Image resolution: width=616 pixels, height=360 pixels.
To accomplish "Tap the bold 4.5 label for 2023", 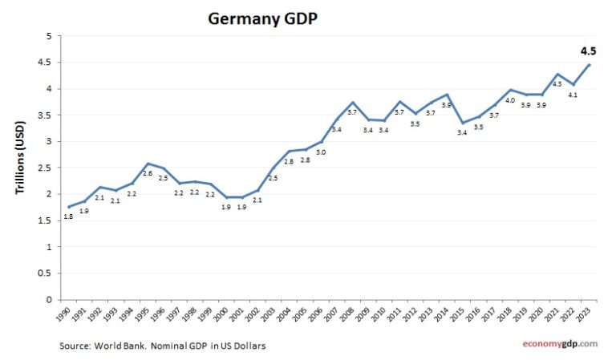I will (589, 51).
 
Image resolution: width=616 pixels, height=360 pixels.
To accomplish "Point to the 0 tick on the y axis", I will (48, 300).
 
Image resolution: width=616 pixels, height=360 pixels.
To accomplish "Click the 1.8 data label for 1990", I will (68, 216).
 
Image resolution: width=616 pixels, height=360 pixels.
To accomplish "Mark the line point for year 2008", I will (351, 103).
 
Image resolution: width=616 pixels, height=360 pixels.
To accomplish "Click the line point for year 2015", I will (462, 123).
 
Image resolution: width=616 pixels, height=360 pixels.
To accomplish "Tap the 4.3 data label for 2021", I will (557, 84).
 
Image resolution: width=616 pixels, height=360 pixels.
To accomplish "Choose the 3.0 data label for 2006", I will (320, 152).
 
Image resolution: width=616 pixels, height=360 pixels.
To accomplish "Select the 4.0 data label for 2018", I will (509, 100).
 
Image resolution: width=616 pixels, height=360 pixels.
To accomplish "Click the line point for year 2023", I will (589, 65).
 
